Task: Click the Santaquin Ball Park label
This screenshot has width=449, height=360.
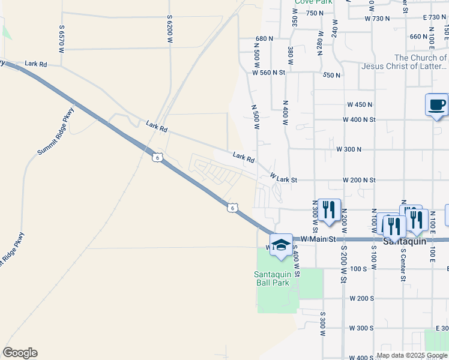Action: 277,278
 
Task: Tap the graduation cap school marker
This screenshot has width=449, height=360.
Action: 280,244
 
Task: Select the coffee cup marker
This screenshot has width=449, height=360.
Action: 436,105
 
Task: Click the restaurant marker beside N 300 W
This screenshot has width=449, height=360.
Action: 328,209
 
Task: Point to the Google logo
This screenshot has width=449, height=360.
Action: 20,353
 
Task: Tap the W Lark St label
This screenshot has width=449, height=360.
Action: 283,179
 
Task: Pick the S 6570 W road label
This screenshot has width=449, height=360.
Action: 62,36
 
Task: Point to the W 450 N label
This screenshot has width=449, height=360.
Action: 360,104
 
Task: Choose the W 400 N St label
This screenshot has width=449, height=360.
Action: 359,119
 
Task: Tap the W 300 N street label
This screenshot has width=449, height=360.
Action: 349,149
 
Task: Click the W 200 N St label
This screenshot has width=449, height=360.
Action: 359,179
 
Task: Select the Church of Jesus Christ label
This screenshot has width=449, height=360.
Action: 403,62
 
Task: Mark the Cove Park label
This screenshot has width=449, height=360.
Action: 313,2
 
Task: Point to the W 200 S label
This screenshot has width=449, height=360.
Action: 361,298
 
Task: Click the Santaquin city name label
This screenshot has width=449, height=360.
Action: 405,241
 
